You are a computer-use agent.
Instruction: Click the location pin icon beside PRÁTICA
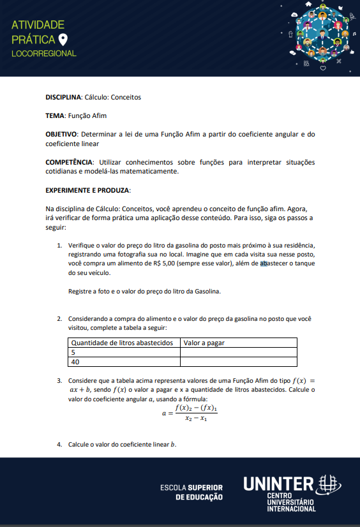tap(63, 40)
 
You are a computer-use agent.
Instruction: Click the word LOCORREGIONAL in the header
tap(44, 54)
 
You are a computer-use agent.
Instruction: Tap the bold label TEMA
tap(55, 115)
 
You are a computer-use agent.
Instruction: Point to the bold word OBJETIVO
tap(61, 134)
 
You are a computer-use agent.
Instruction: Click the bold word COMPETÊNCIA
tap(68, 162)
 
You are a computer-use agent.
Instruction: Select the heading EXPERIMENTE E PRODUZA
tap(88, 190)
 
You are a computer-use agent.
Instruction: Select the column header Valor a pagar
tap(204, 343)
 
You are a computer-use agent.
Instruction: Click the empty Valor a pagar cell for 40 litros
tap(238, 362)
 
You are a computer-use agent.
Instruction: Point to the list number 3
tap(59, 380)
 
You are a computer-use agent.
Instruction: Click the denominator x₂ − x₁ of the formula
tap(196, 419)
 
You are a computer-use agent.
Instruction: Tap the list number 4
tap(59, 445)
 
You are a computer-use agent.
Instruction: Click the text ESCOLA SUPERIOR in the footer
tap(191, 488)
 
